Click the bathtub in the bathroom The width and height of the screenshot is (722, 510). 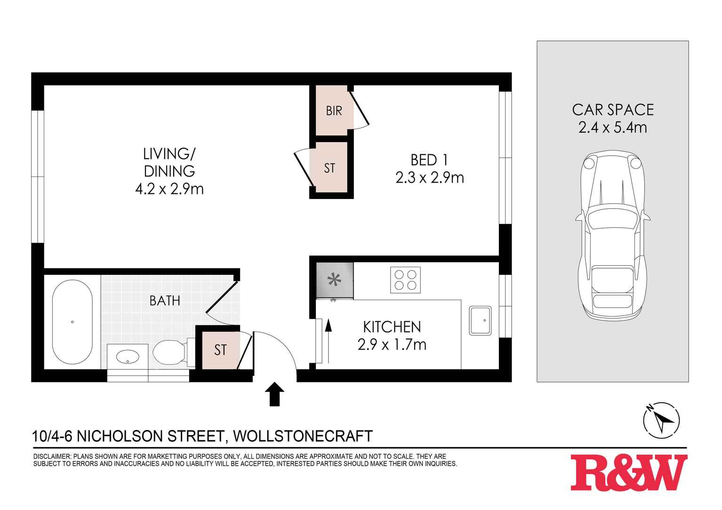(72, 322)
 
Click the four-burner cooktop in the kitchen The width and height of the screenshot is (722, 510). (405, 280)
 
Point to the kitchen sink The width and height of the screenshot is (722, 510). (480, 320)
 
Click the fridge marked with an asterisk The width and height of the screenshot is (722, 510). (335, 281)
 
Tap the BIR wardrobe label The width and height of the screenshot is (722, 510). (334, 111)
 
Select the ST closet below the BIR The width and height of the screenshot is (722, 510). (329, 168)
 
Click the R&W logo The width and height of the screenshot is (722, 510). (629, 472)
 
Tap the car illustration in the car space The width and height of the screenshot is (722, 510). (612, 235)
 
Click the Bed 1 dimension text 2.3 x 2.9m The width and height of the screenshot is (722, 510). (430, 178)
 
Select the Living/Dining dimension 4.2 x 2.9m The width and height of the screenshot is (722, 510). (169, 189)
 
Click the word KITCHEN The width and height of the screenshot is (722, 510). (392, 327)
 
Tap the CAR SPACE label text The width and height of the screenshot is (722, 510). (613, 110)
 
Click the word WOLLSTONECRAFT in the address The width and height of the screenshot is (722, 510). (303, 436)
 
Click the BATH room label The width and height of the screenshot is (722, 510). (165, 301)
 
